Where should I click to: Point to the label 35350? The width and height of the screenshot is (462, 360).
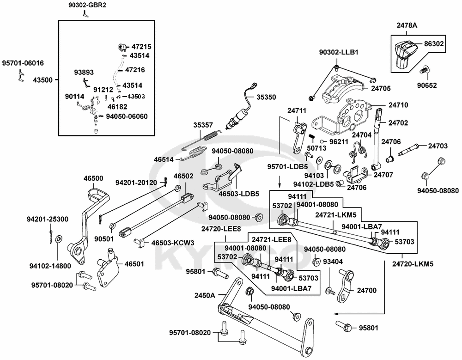tap(267, 98)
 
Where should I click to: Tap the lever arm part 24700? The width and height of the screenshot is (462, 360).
tap(344, 284)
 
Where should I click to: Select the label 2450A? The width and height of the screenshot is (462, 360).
tap(205, 295)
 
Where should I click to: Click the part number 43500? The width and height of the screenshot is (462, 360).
tap(43, 79)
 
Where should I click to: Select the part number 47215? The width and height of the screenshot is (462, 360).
tap(141, 47)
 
